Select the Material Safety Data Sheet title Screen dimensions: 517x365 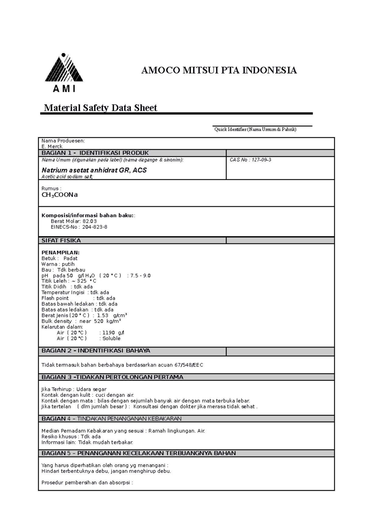click(x=100, y=108)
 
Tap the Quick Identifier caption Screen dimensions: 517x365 click(x=255, y=129)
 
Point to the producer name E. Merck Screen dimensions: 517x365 click(x=52, y=146)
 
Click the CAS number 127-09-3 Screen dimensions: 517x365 click(x=260, y=160)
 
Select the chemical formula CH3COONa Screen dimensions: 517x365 click(x=60, y=195)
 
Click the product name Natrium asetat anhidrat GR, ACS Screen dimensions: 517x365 click(x=94, y=170)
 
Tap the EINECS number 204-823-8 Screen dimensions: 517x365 click(x=95, y=227)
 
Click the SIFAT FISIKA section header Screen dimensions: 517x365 click(x=61, y=241)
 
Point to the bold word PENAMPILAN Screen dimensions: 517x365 click(x=61, y=252)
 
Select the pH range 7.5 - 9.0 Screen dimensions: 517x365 click(x=140, y=276)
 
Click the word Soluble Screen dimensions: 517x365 click(x=111, y=339)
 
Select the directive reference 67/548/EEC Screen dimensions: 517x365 click(x=189, y=365)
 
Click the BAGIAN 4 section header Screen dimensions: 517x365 click(x=111, y=419)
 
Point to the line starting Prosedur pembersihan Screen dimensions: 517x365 click(x=87, y=483)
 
